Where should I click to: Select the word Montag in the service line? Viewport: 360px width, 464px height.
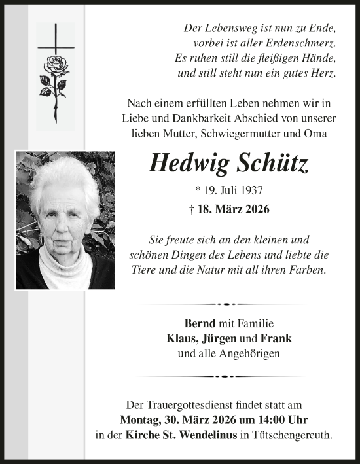click(141, 419)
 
